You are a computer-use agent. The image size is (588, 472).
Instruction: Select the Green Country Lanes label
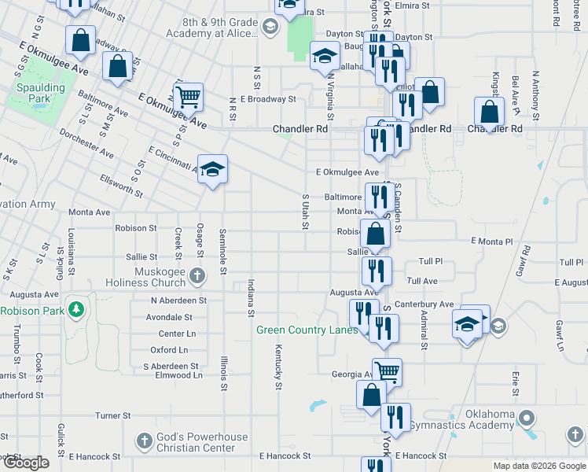[307, 330]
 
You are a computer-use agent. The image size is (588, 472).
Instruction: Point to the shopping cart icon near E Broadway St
[188, 98]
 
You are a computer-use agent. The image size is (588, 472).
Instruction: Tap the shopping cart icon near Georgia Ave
[387, 371]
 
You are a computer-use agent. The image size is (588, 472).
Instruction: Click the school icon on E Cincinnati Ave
[212, 168]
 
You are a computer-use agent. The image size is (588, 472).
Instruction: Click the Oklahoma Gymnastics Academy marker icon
[527, 419]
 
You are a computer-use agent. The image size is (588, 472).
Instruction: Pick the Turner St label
[112, 415]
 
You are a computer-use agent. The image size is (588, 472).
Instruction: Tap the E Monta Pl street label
[491, 242]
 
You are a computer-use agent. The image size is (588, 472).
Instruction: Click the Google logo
[26, 463]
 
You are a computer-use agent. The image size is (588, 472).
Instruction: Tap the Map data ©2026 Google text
[538, 466]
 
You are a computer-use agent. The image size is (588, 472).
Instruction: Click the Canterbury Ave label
[425, 304]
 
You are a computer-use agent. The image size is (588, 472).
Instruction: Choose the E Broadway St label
[268, 100]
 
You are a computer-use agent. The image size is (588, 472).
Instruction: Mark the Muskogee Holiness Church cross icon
[197, 276]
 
